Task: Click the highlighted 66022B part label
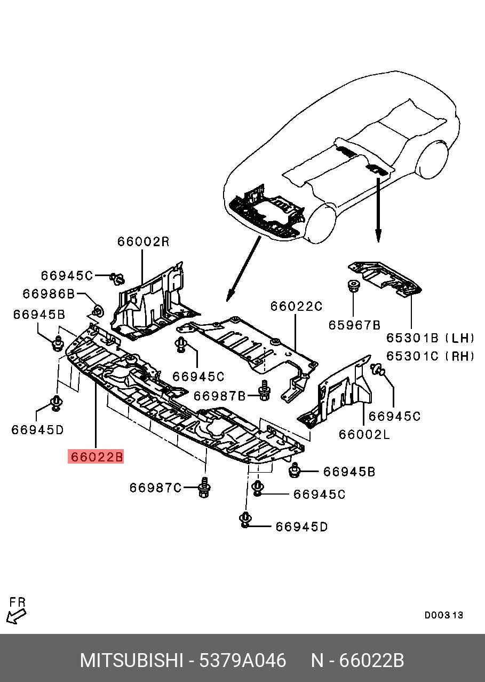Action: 96,457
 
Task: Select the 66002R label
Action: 143,241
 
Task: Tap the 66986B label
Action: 48,294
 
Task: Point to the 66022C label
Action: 296,306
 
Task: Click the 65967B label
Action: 354,324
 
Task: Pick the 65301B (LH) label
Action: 430,338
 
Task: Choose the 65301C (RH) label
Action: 430,356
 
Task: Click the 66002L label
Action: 364,434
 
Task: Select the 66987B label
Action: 219,396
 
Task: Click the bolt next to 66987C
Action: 204,488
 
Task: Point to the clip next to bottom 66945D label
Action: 245,520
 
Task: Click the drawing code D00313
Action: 443,615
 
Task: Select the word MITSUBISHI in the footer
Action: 131,661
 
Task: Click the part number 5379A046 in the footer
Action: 242,661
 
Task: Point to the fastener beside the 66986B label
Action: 98,310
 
